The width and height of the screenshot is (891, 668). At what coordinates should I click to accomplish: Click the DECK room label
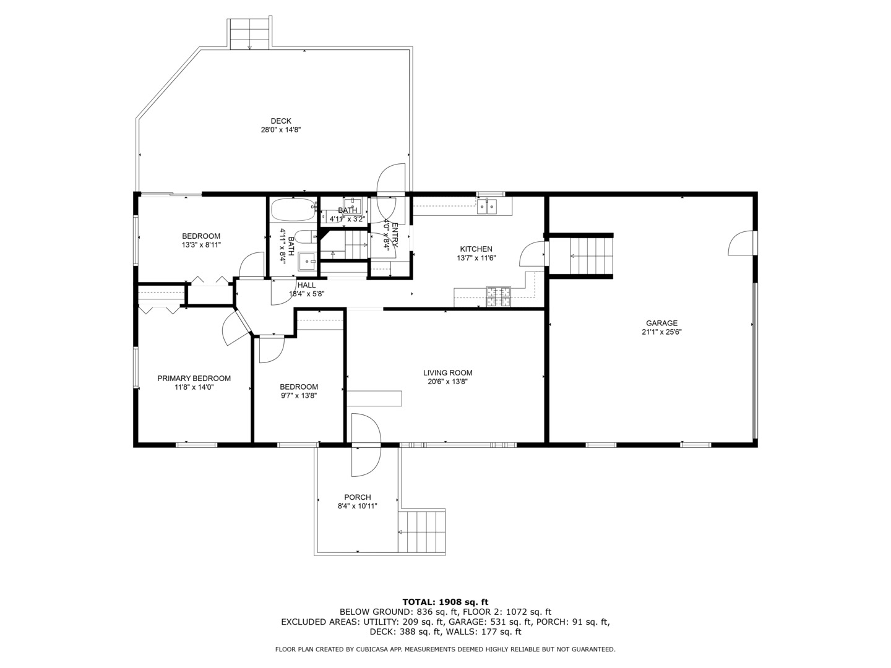(x=280, y=121)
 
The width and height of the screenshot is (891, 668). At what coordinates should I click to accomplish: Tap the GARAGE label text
(x=661, y=323)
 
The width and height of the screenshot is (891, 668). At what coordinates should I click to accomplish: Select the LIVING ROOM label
(x=447, y=373)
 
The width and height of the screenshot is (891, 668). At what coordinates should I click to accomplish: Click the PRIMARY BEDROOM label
(x=194, y=379)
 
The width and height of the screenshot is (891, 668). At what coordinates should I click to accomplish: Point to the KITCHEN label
(x=476, y=249)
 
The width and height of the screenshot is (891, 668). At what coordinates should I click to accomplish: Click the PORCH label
(x=357, y=497)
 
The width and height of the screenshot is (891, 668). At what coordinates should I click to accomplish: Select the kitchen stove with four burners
(x=498, y=297)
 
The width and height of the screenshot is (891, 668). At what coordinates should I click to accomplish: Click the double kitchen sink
(x=487, y=206)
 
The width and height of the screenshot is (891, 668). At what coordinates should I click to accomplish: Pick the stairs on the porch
(x=422, y=532)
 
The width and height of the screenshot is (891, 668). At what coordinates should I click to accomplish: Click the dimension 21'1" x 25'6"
(x=661, y=332)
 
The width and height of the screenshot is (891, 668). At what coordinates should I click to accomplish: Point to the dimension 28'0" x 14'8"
(x=280, y=130)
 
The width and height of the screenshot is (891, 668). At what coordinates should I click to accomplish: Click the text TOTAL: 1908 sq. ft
(x=445, y=601)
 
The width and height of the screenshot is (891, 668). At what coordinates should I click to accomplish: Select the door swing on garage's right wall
(x=741, y=242)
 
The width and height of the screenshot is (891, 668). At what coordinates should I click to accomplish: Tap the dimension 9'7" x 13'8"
(x=299, y=396)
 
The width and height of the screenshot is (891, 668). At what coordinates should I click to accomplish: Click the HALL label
(x=306, y=285)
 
